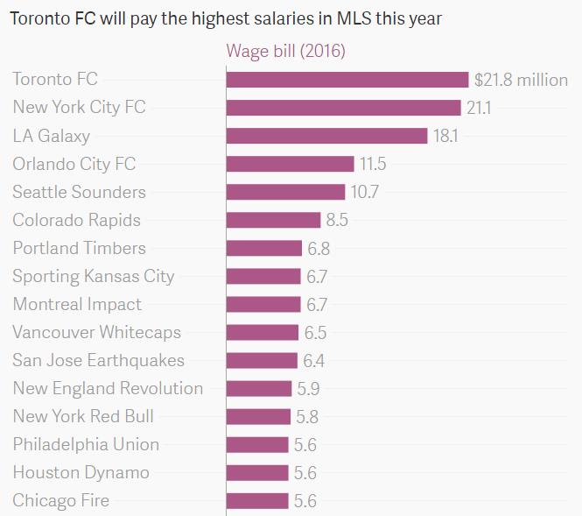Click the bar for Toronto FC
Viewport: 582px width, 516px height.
pos(347,80)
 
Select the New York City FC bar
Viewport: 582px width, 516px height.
pos(343,108)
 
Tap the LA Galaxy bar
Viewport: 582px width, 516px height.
pos(326,136)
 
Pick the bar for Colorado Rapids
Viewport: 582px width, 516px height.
pos(273,220)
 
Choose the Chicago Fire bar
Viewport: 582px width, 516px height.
pos(257,501)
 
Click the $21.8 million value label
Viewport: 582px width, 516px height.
pos(521,80)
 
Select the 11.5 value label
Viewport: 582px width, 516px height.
pos(373,164)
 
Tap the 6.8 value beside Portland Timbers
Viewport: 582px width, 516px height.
pos(319,248)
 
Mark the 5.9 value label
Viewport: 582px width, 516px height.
pos(307,388)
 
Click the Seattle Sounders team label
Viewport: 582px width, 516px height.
pos(79,192)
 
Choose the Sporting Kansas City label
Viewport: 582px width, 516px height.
pos(94,276)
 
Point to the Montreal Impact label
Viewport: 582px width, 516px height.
pos(77,304)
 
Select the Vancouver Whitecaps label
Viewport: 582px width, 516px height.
pos(97,332)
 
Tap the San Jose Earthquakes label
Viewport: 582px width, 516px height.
pos(99,360)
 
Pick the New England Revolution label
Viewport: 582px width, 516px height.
pos(108,388)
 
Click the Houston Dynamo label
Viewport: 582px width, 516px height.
pos(81,472)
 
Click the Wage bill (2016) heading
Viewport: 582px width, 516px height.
pos(286,51)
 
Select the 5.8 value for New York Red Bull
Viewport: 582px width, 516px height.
pos(306,416)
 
